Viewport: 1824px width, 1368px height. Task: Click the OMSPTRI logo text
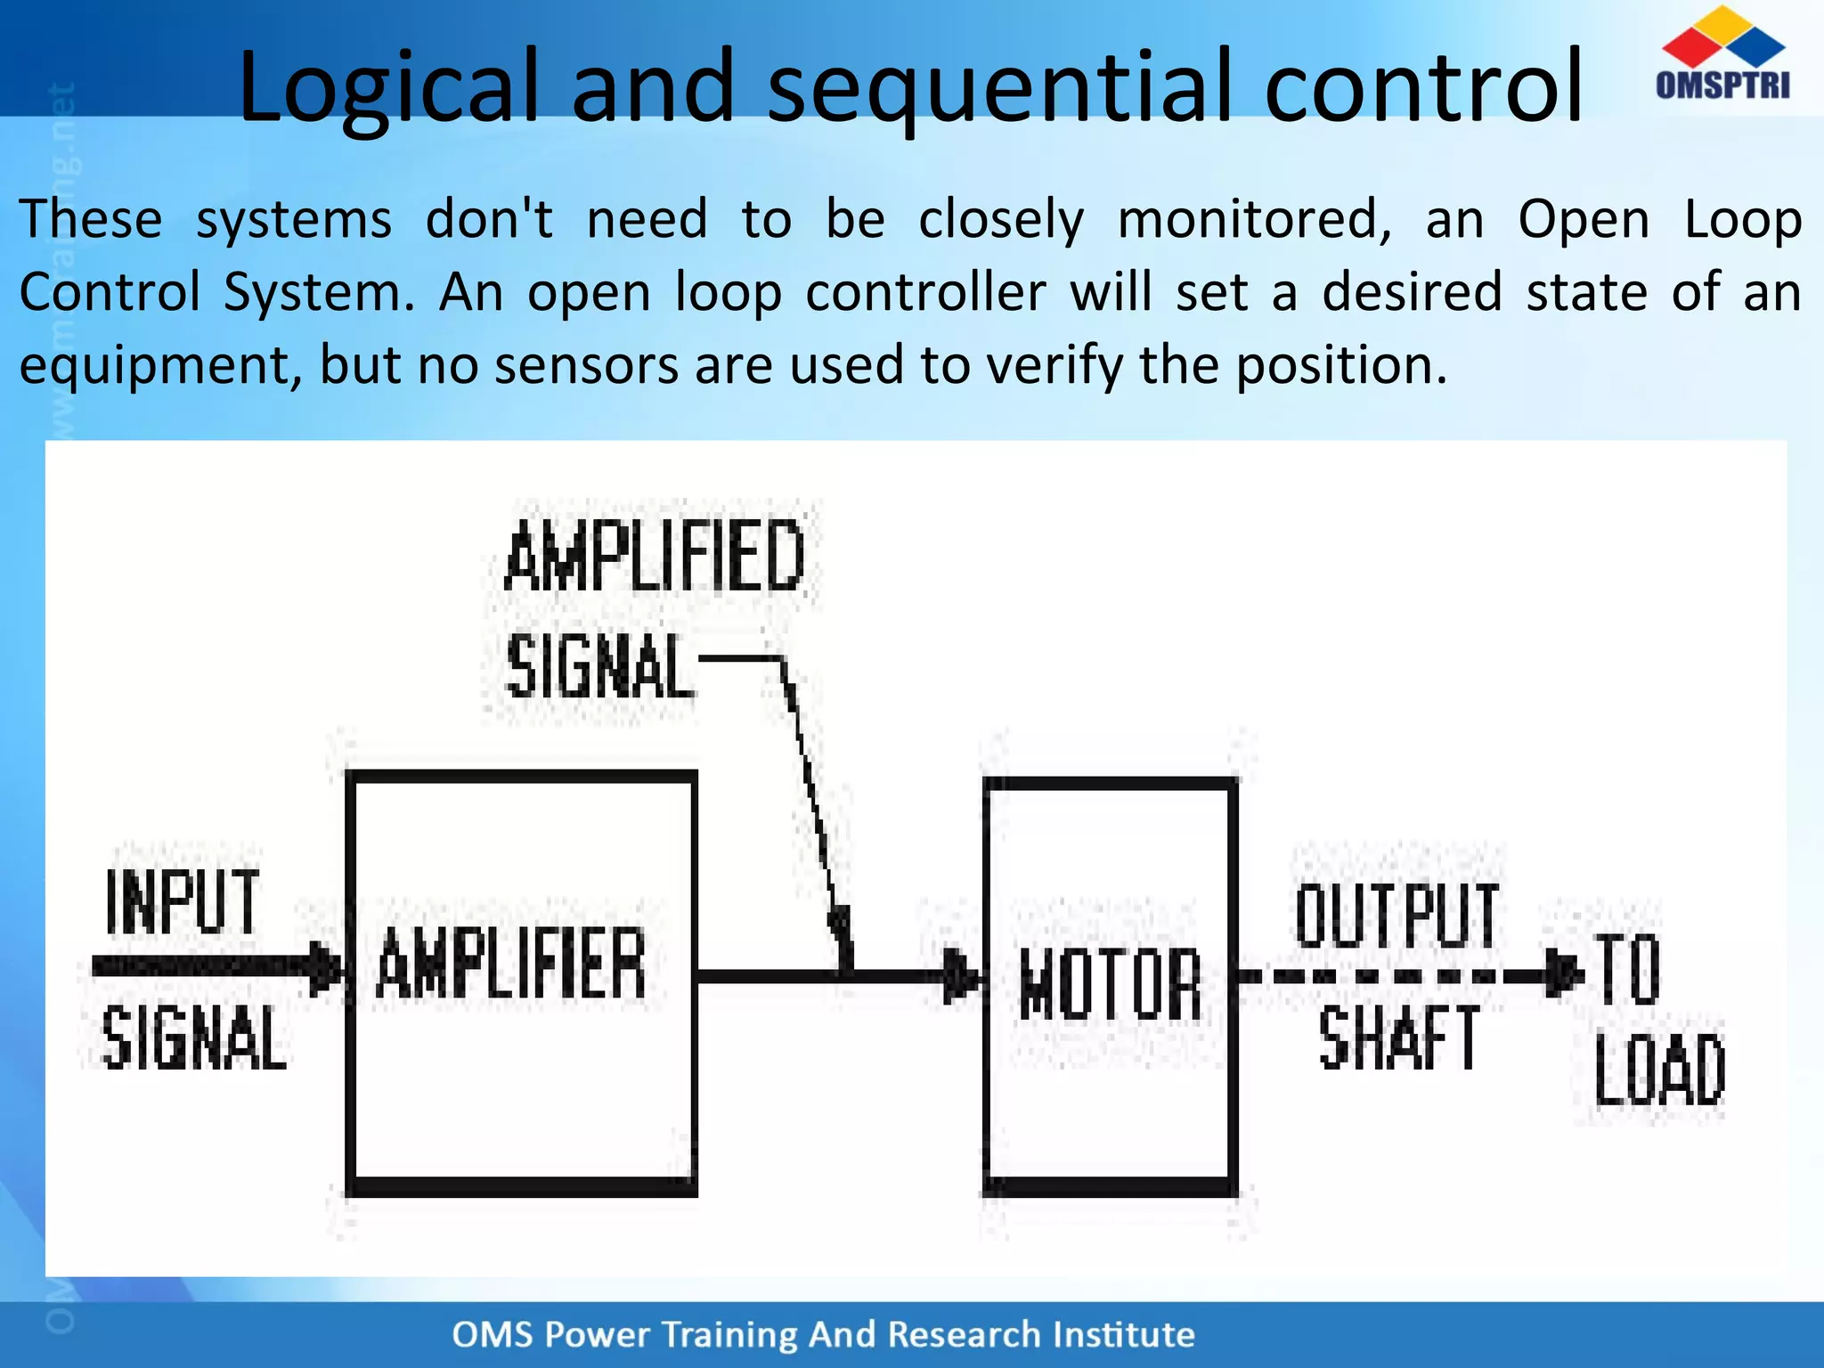point(1722,85)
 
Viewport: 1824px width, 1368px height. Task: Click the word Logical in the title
point(388,86)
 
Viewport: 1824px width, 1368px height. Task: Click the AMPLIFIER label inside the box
point(511,964)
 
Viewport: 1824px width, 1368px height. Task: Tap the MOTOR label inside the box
point(1111,983)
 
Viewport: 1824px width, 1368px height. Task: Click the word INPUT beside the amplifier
point(183,902)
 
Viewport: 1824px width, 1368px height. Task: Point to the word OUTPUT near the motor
point(1396,916)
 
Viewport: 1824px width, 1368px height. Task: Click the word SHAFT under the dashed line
point(1398,1038)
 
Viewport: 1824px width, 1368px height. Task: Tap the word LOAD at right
point(1659,1071)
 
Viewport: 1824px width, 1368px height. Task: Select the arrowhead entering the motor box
point(962,976)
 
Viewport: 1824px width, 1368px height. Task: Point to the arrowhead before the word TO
point(1563,974)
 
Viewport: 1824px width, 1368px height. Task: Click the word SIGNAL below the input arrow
point(194,1038)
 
